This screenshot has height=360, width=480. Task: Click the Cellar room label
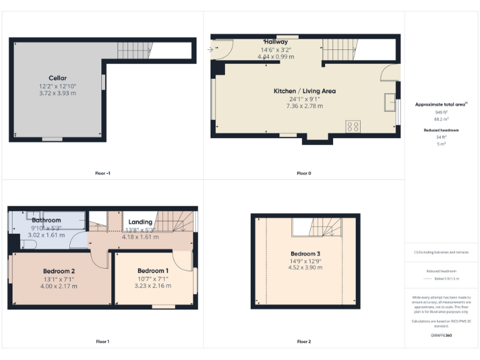tap(57, 78)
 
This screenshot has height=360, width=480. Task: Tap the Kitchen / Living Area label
tap(304, 91)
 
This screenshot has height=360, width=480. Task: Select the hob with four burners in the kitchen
tap(352, 127)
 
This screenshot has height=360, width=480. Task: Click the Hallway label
tap(275, 42)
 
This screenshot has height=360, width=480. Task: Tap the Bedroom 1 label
tap(152, 271)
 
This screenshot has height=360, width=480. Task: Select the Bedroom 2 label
tap(59, 271)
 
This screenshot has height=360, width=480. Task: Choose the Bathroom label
tap(46, 220)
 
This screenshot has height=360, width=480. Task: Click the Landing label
tap(140, 222)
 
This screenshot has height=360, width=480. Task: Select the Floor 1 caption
tap(102, 341)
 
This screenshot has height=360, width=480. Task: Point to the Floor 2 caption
tap(304, 341)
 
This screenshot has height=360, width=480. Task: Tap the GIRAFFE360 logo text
tap(442, 336)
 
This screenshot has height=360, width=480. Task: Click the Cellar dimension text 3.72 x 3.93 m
tap(57, 92)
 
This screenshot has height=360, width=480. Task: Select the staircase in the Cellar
tap(134, 49)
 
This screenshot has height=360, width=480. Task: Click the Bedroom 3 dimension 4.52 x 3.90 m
tap(304, 267)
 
